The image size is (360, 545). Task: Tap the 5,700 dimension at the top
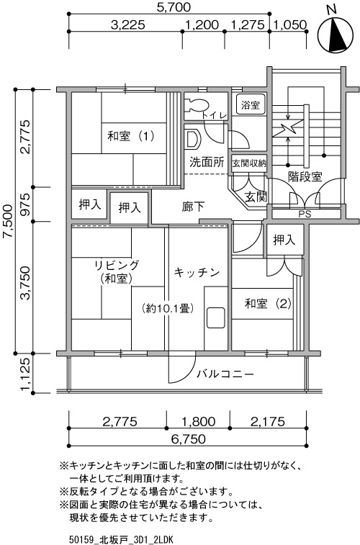coord(173,7)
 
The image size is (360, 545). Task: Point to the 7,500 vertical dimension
coord(8,222)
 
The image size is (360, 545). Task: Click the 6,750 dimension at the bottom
coord(188,439)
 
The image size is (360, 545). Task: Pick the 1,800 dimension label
coord(199,422)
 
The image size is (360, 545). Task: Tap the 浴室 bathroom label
coord(251,104)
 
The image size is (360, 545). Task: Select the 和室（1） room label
coord(130,136)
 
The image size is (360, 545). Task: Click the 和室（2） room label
coord(268,304)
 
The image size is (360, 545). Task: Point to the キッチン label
coord(197,272)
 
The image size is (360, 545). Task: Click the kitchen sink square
coord(215,317)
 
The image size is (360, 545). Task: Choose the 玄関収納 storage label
coord(249,163)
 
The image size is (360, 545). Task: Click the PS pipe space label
coord(305,214)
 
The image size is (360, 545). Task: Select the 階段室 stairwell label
coord(305,176)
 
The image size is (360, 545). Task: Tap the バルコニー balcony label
coord(225,374)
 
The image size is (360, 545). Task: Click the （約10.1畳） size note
coord(168,308)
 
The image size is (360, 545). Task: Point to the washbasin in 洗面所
coord(192,138)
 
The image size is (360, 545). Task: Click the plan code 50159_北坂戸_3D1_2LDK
coord(121,540)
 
